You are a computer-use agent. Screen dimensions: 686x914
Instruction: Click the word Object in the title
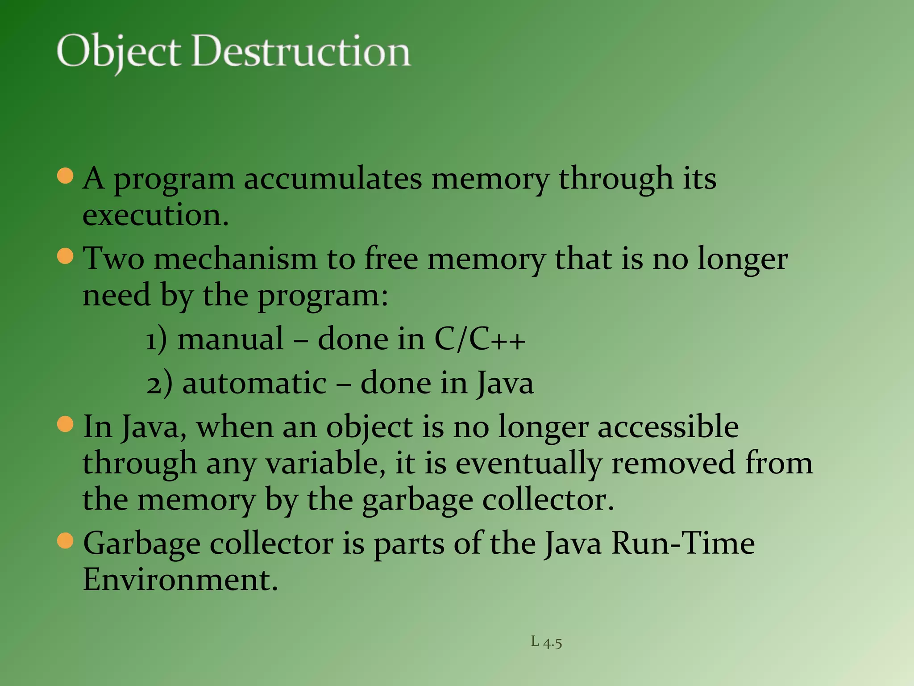(119, 53)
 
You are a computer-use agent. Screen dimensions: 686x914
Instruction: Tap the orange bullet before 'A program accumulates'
(66, 176)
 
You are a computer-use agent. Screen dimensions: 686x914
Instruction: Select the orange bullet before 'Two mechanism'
(66, 256)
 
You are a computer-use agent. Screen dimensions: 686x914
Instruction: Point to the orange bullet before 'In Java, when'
(66, 424)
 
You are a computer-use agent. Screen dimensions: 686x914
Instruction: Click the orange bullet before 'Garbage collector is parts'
(66, 541)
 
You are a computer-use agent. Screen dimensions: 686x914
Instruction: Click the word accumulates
(332, 179)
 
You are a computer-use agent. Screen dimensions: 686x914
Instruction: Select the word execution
(155, 215)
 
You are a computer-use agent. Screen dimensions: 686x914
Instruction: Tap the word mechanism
(235, 259)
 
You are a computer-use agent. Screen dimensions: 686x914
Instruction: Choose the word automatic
(254, 383)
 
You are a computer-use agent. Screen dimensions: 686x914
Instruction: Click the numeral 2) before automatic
(159, 383)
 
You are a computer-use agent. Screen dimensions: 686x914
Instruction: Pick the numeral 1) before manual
(157, 339)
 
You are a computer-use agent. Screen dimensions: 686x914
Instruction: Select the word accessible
(668, 427)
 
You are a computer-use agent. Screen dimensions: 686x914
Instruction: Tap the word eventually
(528, 464)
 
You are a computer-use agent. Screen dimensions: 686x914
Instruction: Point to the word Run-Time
(683, 544)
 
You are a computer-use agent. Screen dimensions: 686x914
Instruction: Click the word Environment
(180, 580)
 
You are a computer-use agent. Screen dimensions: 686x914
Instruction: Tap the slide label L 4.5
(546, 642)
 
